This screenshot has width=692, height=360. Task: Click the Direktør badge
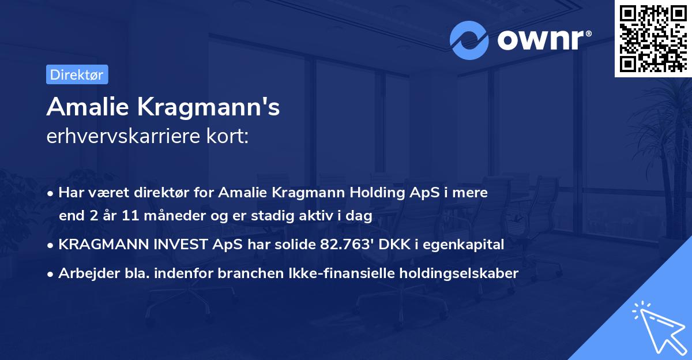pyautogui.click(x=77, y=74)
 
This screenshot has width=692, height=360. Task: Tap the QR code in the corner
pyautogui.click(x=653, y=38)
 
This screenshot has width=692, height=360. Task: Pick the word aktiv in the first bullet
pyautogui.click(x=329, y=216)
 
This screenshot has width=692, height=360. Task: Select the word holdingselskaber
pyautogui.click(x=455, y=273)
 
